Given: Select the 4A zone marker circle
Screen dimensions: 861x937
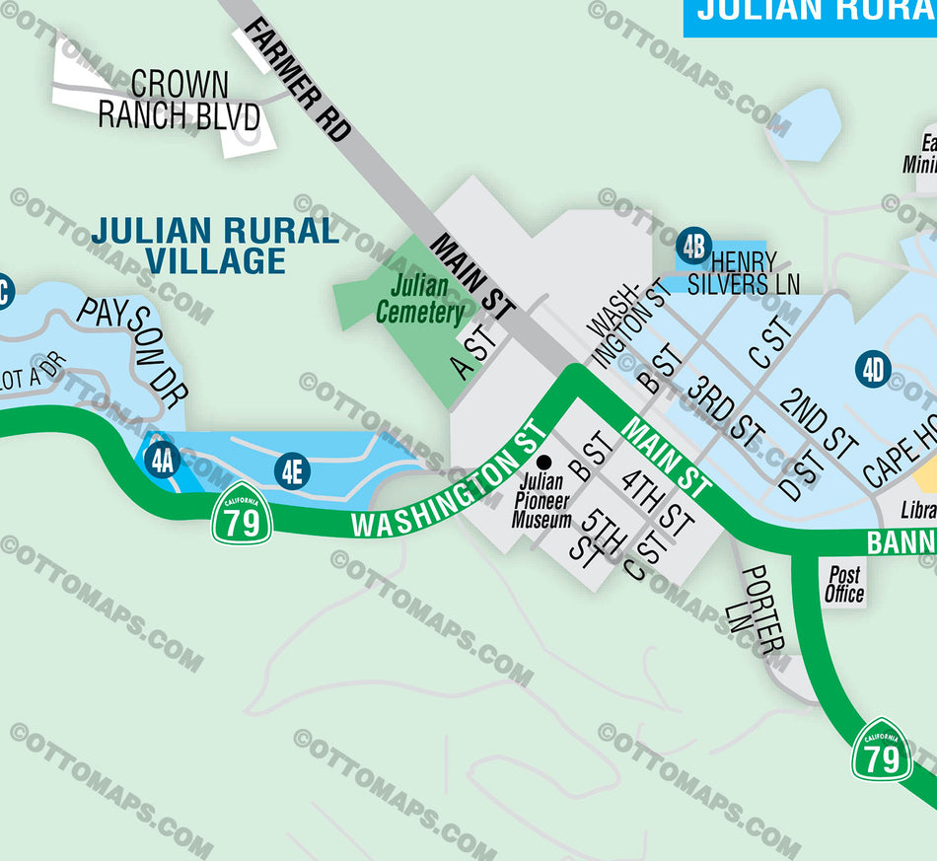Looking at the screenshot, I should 161,460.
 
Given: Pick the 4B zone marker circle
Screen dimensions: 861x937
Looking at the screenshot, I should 693,246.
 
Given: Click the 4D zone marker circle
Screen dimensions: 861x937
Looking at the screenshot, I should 873,371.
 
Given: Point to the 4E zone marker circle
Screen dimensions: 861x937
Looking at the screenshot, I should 291,470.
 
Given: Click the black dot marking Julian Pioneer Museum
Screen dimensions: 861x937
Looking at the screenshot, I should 541,462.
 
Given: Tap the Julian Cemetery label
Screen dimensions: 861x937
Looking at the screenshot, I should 420,301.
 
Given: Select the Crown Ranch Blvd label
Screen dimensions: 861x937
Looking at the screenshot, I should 179,101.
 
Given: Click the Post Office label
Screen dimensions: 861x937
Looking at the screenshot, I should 844,584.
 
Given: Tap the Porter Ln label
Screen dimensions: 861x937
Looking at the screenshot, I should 765,610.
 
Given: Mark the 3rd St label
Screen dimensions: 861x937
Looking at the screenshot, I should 726,410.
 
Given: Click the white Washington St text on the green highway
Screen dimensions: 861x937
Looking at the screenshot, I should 449,483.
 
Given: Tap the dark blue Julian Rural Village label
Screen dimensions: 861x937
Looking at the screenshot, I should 215,246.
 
